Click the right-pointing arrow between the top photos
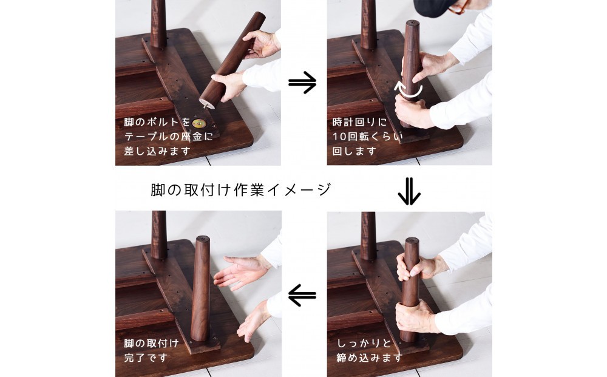302,82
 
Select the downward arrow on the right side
409,191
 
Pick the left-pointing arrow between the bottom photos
302,295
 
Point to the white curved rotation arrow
408,90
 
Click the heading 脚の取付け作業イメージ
241,189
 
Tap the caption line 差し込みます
157,151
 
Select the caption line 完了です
146,358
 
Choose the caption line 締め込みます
370,358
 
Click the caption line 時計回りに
359,122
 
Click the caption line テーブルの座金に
168,136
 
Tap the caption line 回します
354,151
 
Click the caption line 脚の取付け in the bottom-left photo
151,344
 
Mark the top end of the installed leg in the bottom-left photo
203,238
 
